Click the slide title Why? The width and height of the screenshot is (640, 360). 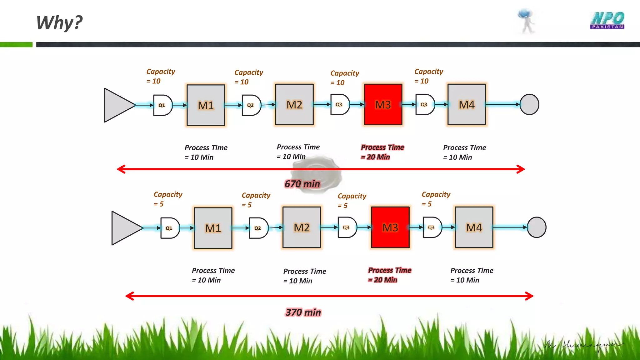pyautogui.click(x=59, y=22)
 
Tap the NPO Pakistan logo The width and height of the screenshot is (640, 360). pyautogui.click(x=607, y=21)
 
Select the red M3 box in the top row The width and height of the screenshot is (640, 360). pyautogui.click(x=383, y=104)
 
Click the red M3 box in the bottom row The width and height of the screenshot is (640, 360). pyautogui.click(x=390, y=227)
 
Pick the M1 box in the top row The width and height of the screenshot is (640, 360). pyautogui.click(x=206, y=105)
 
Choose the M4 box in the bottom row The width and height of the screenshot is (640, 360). pyautogui.click(x=474, y=227)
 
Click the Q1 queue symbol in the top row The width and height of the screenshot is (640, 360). pyautogui.click(x=162, y=105)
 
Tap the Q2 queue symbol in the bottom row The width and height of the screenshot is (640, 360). pyautogui.click(x=258, y=228)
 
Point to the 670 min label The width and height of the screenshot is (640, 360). pyautogui.click(x=302, y=184)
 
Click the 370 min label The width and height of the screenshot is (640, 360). pyautogui.click(x=303, y=312)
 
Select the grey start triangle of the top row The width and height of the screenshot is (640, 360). pyautogui.click(x=117, y=105)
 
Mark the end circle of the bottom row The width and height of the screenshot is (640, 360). pyautogui.click(x=536, y=227)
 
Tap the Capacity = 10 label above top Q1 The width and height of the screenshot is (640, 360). pyautogui.click(x=160, y=76)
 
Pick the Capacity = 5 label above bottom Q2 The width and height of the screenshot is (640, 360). pyautogui.click(x=256, y=200)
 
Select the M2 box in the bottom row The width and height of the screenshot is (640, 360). pyautogui.click(x=302, y=227)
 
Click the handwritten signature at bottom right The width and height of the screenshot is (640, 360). pyautogui.click(x=583, y=346)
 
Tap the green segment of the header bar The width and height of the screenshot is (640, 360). pyautogui.click(x=16, y=45)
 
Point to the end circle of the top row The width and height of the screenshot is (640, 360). pyautogui.click(x=529, y=104)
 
